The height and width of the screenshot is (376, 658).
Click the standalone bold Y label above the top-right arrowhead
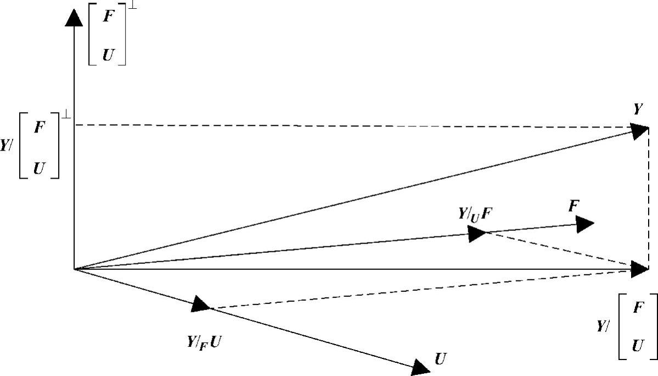pos(637,109)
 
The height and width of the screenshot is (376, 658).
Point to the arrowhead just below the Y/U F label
pos(477,234)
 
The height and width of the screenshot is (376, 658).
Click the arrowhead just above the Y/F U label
pos(201,304)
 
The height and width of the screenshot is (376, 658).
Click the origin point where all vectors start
pos(74,269)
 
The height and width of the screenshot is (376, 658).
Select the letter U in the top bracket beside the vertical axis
pos(108,55)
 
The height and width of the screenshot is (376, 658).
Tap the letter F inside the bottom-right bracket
pos(637,308)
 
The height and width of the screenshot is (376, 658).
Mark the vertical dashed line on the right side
pos(649,198)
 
